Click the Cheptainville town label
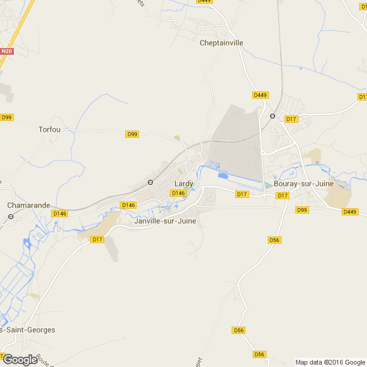point(221,43)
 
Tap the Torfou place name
point(50,129)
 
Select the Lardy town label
point(183,183)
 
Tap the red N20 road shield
point(7,52)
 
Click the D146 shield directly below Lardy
point(177,193)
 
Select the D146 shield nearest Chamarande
point(60,214)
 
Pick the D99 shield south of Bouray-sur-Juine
point(302,210)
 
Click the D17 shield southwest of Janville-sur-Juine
point(97,239)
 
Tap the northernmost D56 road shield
point(274,240)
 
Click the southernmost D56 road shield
point(260,354)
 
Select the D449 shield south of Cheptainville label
point(260,95)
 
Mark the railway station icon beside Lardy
point(150,182)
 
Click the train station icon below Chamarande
point(11,216)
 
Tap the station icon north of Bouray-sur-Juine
point(272,116)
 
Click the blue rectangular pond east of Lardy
point(223,176)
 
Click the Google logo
point(20,359)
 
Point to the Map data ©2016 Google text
point(330,362)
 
